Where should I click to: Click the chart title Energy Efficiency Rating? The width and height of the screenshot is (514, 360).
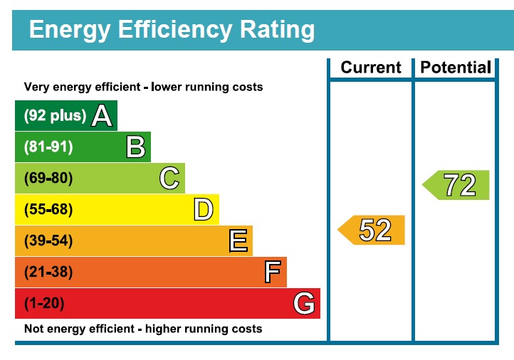coord(171,30)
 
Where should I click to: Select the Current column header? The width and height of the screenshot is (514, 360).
coord(371,68)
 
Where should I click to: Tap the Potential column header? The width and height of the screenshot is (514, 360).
coord(456,68)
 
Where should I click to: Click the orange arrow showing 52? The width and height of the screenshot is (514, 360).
coord(372,230)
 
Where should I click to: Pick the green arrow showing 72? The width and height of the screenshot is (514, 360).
coord(456,185)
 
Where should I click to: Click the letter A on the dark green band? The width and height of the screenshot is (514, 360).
coord(102,116)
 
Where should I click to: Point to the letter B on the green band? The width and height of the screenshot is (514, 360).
coord(135,147)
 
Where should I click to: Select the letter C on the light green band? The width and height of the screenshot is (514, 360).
coord(169,179)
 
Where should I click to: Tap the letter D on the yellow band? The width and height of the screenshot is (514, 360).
coord(204,210)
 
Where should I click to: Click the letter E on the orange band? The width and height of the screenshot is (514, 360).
coord(238,241)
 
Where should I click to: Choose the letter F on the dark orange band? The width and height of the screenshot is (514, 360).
coord(272,272)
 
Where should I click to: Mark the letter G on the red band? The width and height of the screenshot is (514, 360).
coord(304,304)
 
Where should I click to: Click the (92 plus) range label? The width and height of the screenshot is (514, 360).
coord(55,116)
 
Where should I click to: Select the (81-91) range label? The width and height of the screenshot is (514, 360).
coord(48,147)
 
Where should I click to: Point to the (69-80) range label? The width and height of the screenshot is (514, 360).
coord(48,179)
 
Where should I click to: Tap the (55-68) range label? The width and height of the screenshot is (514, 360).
coord(48,210)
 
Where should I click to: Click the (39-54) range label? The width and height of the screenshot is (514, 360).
coord(48,241)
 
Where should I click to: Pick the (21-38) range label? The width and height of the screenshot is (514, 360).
coord(48,272)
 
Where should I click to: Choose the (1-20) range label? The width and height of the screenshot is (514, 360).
coord(44,304)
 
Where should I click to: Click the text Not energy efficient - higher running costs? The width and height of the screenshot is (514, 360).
coord(143,329)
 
